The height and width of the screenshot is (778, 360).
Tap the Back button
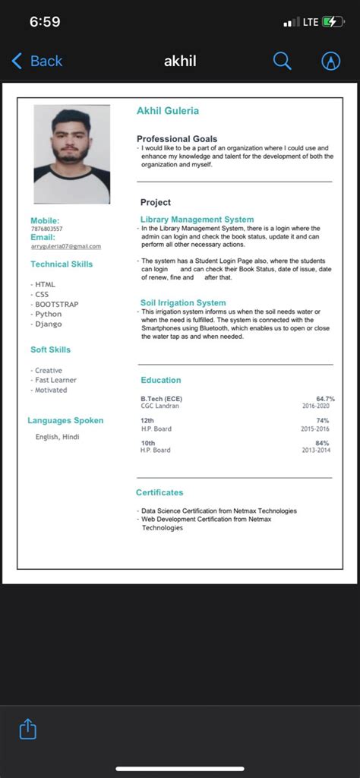36,62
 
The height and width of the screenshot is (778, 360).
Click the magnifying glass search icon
282,62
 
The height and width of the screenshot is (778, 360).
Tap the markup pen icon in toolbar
330,62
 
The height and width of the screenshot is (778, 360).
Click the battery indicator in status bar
333,22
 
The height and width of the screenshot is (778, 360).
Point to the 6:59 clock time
45,22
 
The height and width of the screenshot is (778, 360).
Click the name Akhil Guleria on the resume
167,111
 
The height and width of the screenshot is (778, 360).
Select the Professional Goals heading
176,139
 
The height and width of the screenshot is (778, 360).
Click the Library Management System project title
197,220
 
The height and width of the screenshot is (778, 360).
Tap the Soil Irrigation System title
183,302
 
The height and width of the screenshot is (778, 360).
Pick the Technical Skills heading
62,264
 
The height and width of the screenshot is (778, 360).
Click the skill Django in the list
49,324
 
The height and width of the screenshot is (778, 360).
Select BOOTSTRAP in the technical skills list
56,305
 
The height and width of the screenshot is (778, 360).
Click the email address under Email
65,246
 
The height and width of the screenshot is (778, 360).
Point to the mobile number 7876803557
47,229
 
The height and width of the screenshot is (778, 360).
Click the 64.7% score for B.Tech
325,399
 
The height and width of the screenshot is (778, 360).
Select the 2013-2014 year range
315,451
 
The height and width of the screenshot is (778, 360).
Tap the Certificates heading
159,493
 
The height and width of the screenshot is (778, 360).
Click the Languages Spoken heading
65,420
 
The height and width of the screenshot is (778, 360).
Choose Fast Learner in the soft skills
55,380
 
